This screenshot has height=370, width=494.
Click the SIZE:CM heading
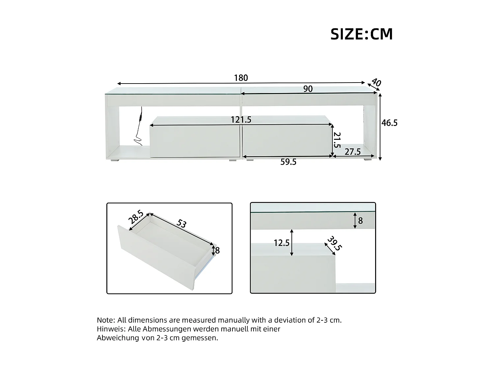[362, 34]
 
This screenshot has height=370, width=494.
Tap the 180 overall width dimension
[241, 78]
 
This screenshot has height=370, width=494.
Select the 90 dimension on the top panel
[308, 89]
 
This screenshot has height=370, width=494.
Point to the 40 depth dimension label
[376, 82]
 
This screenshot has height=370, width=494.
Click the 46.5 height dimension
[390, 123]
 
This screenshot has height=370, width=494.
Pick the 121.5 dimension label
[241, 120]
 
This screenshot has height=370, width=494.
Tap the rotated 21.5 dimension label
[337, 140]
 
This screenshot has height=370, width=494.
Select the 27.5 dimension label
[353, 152]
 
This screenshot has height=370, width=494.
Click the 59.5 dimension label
[288, 162]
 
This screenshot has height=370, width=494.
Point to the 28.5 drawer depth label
[135, 217]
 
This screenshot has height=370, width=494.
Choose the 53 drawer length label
[181, 224]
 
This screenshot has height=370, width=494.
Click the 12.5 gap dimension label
[282, 243]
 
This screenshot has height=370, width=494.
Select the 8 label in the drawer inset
[217, 251]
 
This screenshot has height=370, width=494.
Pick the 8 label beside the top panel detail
[360, 220]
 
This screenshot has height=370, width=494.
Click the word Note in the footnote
[105, 320]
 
